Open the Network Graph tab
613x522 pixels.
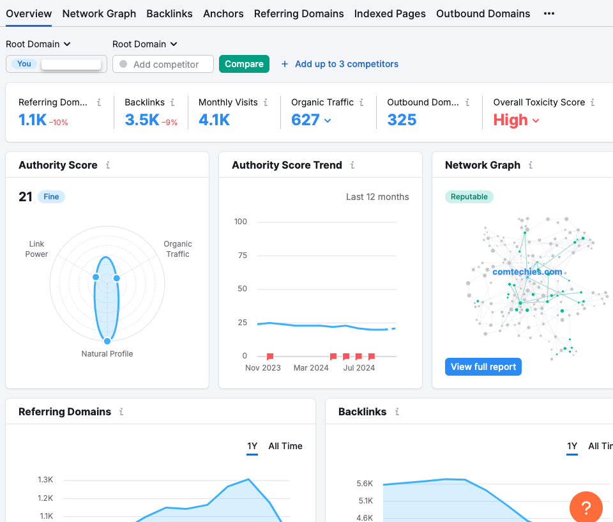[99, 13]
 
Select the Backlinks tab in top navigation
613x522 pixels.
[169, 13]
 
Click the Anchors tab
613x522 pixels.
[223, 13]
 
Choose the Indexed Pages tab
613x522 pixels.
[390, 13]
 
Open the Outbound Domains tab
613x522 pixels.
[483, 13]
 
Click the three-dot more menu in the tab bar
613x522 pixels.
[549, 13]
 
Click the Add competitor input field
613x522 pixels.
[165, 64]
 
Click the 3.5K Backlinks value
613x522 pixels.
[142, 120]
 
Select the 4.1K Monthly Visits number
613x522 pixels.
[214, 120]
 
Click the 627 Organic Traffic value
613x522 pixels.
[305, 120]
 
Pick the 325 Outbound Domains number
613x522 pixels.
[402, 120]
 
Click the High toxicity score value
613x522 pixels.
[510, 120]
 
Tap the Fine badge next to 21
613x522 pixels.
[51, 197]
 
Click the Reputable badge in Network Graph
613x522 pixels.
[469, 197]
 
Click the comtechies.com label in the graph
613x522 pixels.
[527, 272]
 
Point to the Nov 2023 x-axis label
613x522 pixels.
[263, 368]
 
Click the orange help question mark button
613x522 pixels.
[586, 508]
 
